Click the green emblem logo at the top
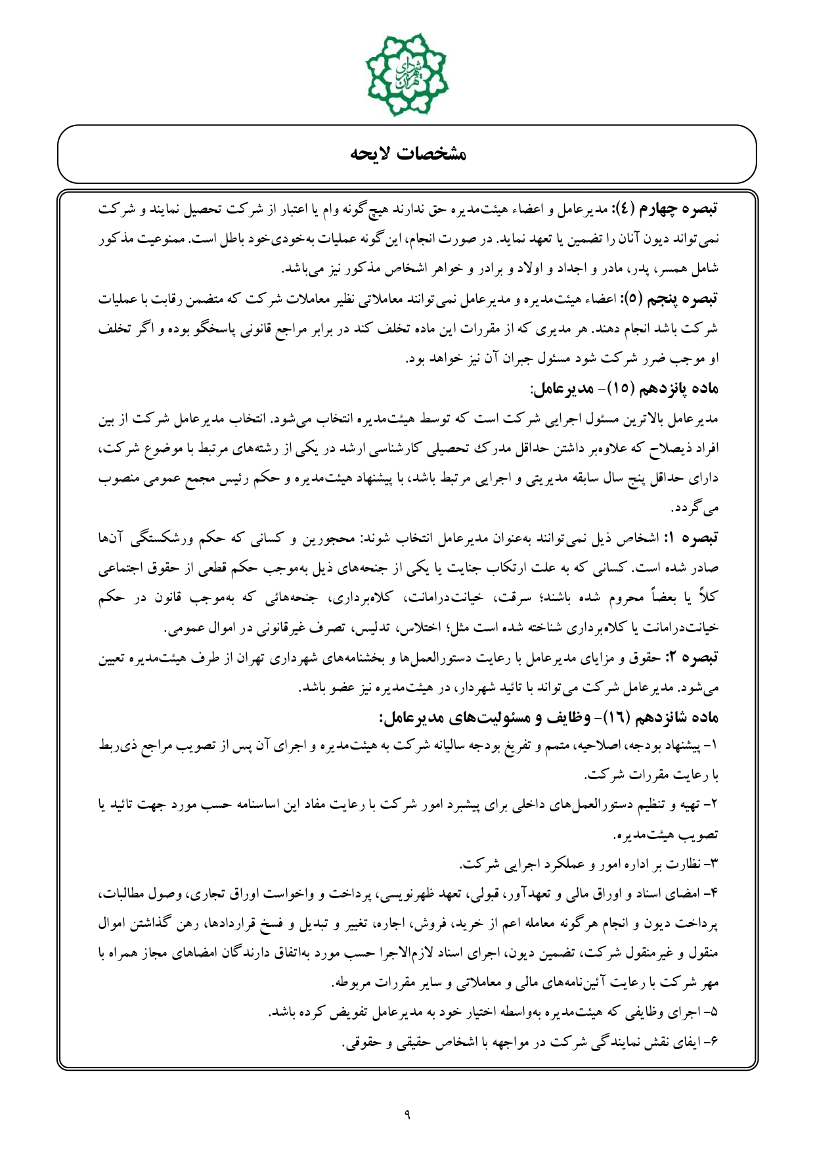407,74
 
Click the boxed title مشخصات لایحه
407,154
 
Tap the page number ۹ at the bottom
407,1113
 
